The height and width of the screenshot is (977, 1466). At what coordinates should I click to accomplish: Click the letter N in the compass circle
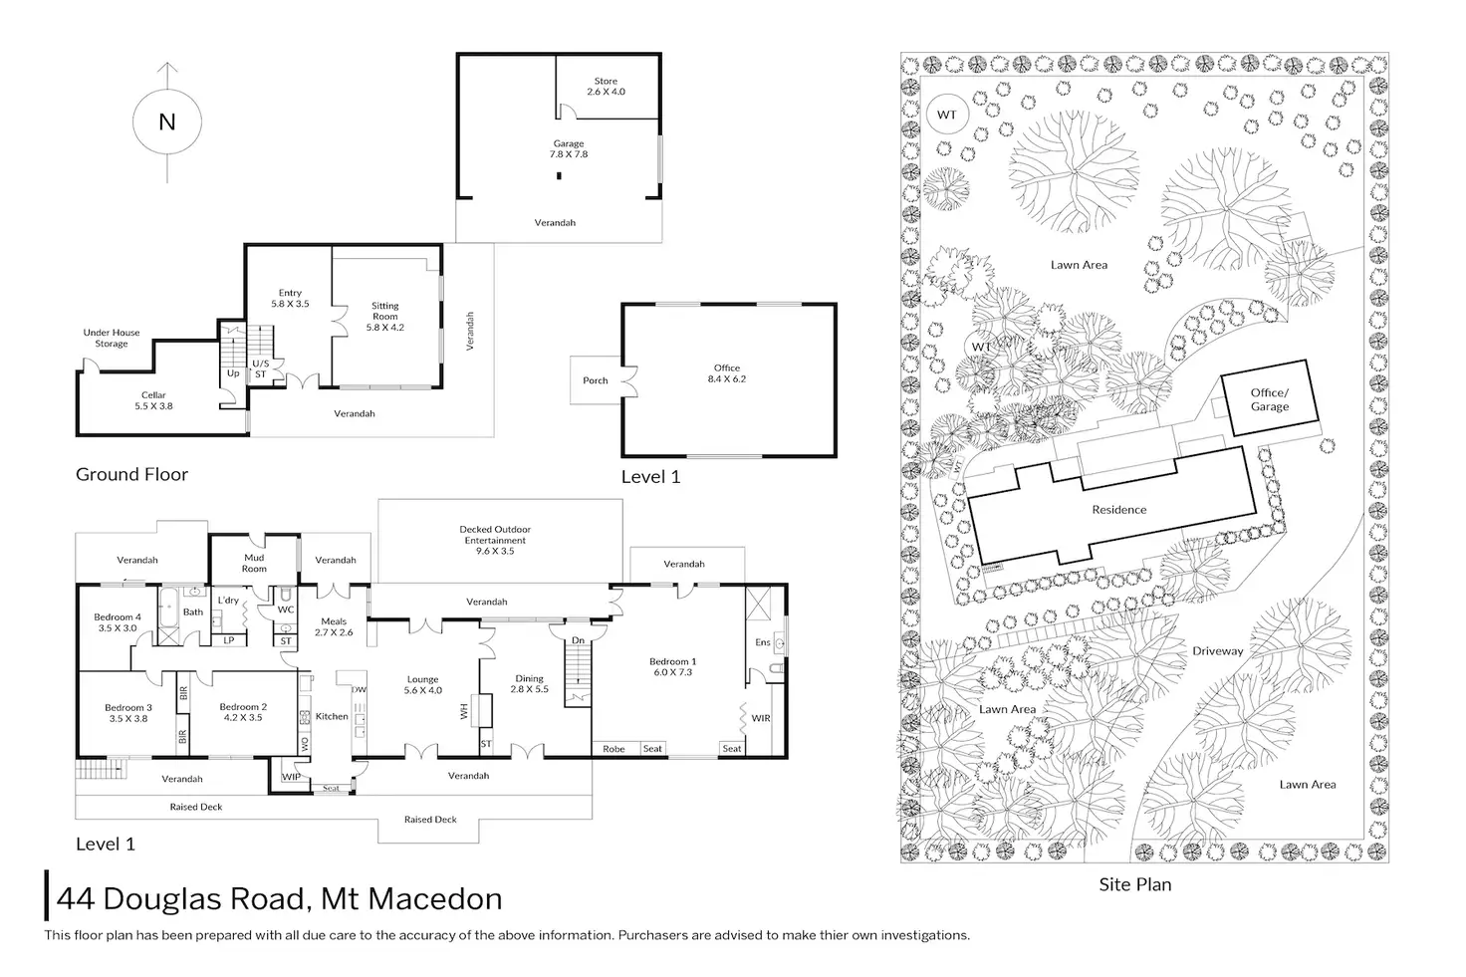pos(167,122)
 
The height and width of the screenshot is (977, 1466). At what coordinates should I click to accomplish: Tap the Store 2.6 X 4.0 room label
pos(606,87)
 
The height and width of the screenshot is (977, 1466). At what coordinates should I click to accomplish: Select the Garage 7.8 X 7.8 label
pos(568,148)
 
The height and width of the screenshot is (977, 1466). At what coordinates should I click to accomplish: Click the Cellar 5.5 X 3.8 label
pos(153,400)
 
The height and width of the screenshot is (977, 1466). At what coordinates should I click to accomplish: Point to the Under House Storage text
pos(112,338)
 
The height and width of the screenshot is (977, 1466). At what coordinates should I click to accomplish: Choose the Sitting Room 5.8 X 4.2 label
pos(384,316)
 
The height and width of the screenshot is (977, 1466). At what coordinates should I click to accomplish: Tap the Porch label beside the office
pos(596,380)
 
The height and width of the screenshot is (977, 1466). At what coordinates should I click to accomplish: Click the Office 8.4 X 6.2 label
pos(726,373)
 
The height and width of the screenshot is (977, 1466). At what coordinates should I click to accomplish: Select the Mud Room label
pos(254,563)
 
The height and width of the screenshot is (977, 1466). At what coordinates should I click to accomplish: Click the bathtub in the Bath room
pos(168,606)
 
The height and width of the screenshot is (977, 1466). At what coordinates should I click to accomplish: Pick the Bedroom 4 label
pos(118,617)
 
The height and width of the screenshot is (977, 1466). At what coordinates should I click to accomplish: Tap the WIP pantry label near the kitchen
pos(291,777)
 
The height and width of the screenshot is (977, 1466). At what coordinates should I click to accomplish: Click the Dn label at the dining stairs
pos(578,640)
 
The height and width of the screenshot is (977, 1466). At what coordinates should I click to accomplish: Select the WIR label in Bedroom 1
pos(761,718)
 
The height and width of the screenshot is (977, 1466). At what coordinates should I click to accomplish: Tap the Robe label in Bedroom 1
pos(613,749)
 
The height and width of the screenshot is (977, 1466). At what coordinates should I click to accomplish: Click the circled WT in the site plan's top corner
pos(947,115)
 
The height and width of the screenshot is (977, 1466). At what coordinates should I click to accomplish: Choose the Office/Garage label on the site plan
pos(1270,399)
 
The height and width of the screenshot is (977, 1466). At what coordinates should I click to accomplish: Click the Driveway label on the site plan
pos(1217,650)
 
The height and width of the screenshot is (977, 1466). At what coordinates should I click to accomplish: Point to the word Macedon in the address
pos(434,898)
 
